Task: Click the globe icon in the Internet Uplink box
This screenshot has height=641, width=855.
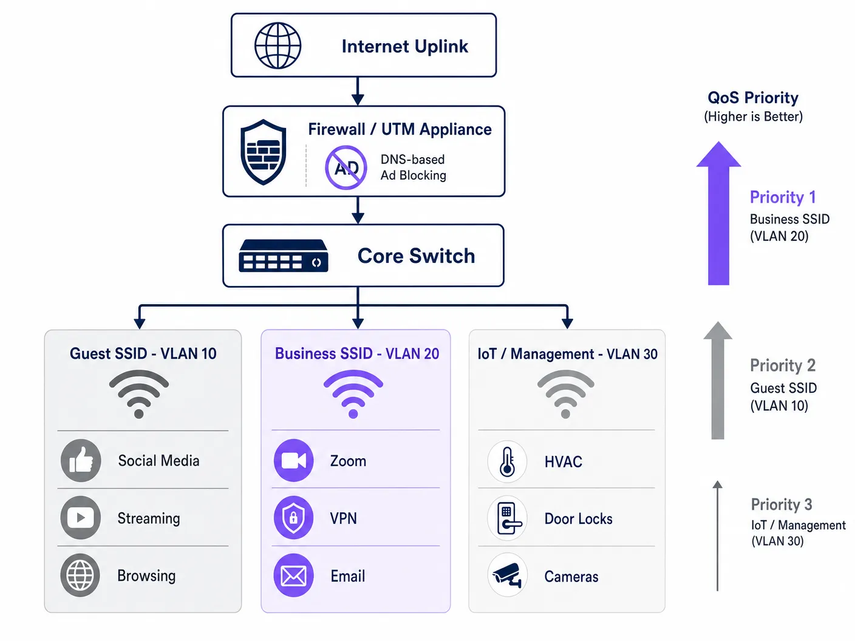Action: (x=278, y=46)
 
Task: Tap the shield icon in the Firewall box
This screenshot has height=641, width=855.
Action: (x=264, y=152)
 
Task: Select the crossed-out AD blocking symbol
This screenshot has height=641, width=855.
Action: (x=346, y=168)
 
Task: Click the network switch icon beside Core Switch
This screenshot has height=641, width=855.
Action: (x=283, y=256)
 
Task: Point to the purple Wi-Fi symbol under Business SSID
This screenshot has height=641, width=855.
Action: (x=353, y=393)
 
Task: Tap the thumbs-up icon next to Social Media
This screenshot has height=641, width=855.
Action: (x=81, y=460)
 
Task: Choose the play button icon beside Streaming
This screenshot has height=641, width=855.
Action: (x=80, y=518)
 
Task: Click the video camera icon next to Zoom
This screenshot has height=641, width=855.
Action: (x=294, y=460)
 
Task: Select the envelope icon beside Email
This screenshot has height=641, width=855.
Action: (x=294, y=575)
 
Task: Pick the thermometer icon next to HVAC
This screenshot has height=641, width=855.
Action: (x=507, y=461)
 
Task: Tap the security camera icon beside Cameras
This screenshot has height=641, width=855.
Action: (x=507, y=575)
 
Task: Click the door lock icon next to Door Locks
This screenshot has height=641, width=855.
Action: (x=507, y=518)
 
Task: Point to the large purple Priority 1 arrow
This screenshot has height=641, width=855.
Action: (x=718, y=213)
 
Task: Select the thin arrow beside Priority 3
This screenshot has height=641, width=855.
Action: (x=718, y=536)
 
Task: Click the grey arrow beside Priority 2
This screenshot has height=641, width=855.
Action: (x=718, y=380)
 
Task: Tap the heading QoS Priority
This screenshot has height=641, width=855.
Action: (x=753, y=97)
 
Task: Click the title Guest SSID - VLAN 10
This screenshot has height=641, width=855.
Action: (x=143, y=353)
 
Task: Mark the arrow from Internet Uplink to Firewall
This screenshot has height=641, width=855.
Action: (x=358, y=91)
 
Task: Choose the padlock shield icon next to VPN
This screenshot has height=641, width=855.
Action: (x=294, y=518)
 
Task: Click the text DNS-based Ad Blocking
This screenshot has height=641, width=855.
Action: (x=414, y=168)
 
